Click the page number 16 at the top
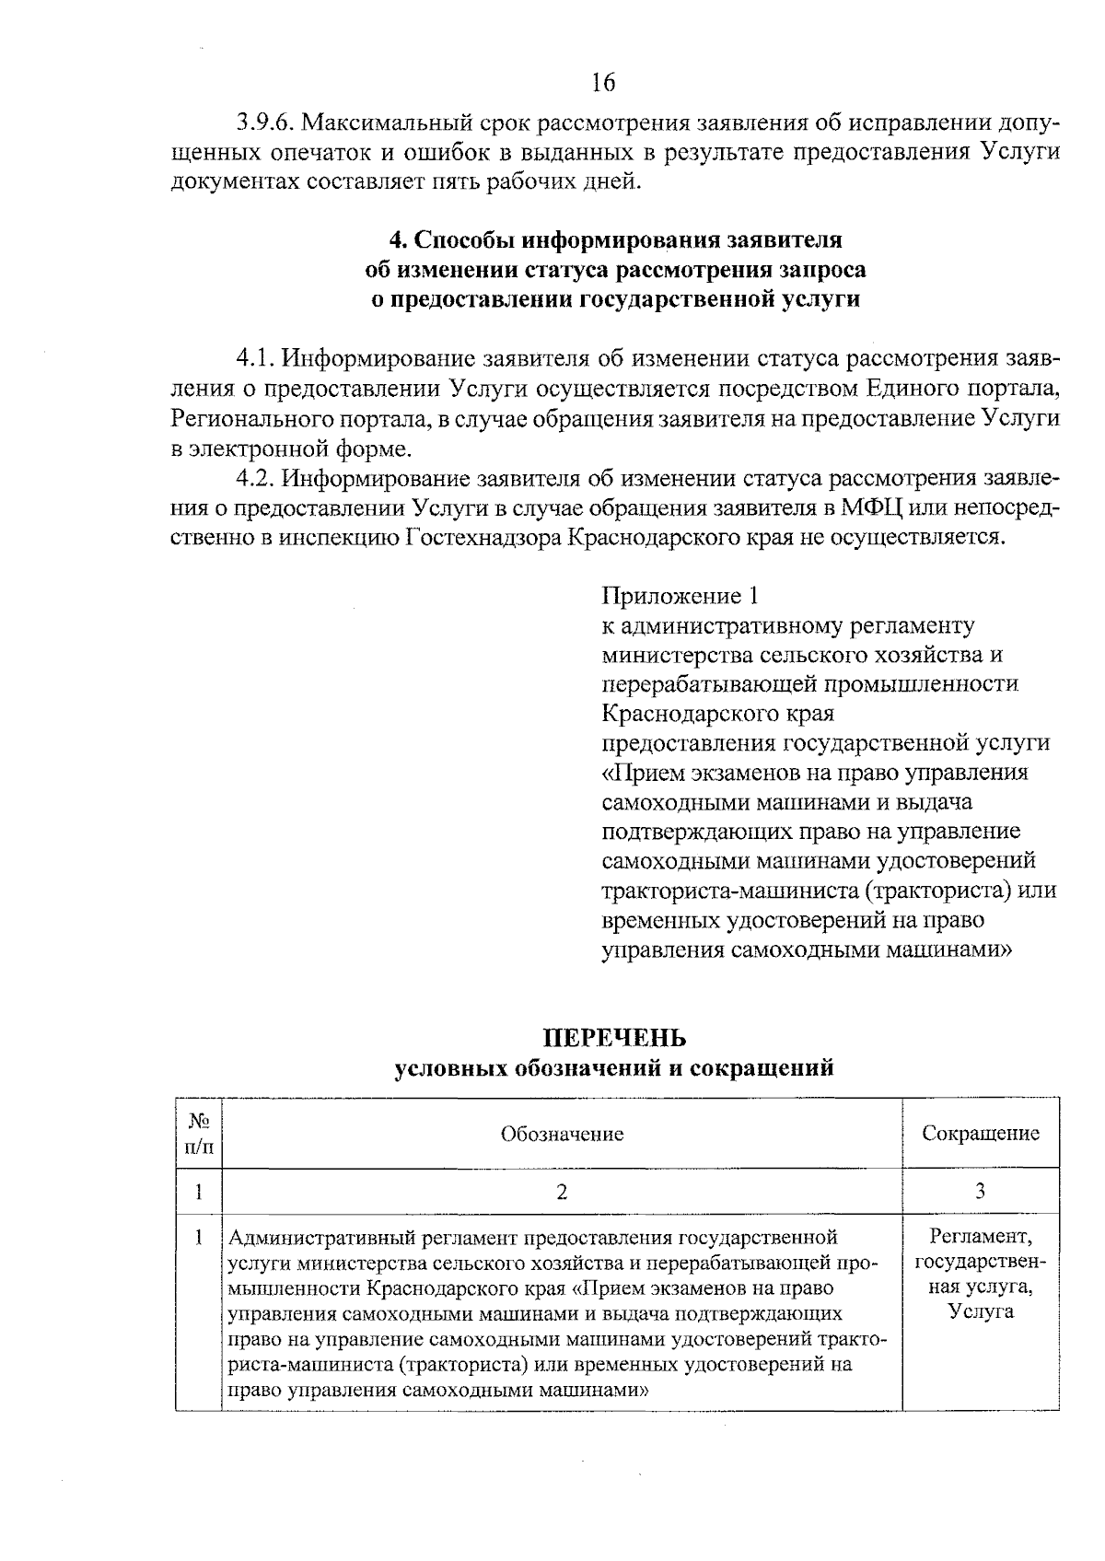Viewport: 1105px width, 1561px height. click(x=602, y=84)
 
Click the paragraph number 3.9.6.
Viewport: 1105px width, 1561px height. click(x=265, y=122)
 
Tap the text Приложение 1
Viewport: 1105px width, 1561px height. click(x=681, y=596)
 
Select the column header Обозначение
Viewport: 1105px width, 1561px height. click(x=562, y=1134)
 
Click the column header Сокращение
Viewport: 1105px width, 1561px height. click(x=981, y=1134)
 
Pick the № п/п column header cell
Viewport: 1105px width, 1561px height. click(x=199, y=1134)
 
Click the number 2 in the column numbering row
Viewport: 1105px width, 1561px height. click(x=562, y=1192)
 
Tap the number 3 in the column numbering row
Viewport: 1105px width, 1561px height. click(x=981, y=1192)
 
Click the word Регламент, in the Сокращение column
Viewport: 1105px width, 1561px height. click(x=981, y=1236)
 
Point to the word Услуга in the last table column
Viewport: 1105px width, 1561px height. click(x=981, y=1311)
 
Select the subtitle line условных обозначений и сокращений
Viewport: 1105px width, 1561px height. click(x=613, y=1068)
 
